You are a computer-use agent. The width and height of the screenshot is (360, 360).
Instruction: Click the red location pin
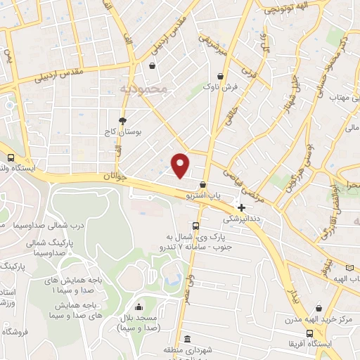tap(181, 165)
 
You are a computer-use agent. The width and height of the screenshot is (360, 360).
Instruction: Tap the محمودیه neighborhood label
tap(143, 89)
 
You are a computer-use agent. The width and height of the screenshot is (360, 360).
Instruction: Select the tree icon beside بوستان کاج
tap(123, 120)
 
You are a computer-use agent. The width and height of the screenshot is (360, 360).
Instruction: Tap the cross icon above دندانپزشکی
tap(242, 207)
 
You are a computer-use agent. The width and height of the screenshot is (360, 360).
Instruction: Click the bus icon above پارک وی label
tap(196, 226)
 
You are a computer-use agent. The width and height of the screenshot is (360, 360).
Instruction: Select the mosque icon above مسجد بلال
tap(139, 307)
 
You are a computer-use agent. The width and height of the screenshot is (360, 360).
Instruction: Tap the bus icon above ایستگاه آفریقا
tap(309, 333)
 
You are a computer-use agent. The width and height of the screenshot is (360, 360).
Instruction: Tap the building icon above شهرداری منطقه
tap(188, 338)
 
